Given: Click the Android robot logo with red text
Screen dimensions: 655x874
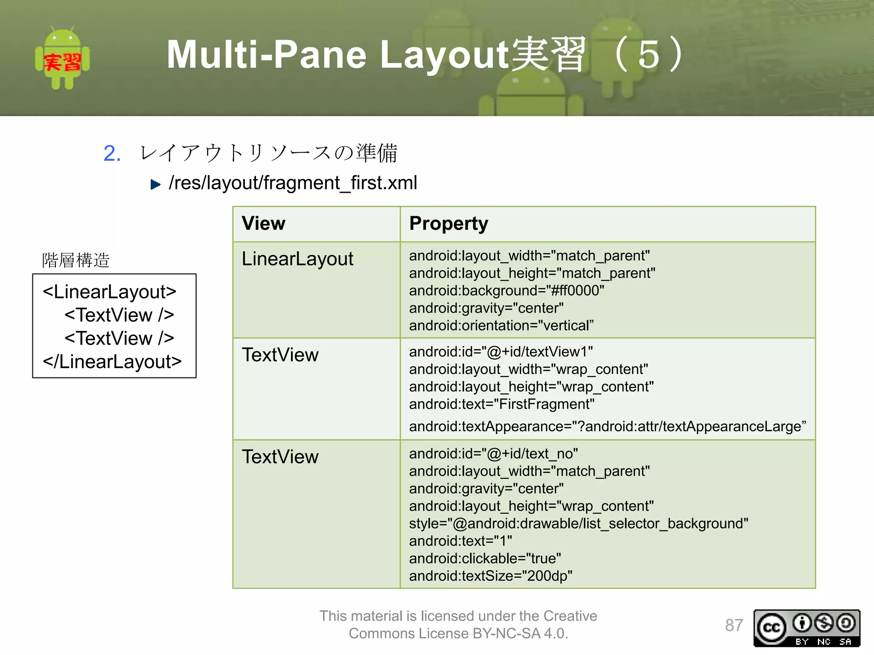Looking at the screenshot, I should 62,58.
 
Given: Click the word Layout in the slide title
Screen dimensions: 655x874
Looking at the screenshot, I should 444,55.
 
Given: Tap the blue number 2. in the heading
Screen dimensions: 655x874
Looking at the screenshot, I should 112,154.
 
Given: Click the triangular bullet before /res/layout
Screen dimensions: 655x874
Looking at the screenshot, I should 155,184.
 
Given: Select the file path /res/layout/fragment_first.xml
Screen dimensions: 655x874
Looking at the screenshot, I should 293,183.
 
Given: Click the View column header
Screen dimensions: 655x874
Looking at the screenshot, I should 263,223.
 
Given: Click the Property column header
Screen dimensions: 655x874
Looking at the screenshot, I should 448,223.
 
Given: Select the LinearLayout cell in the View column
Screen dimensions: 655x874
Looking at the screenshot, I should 297,259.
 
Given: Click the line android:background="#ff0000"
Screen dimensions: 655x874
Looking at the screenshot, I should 506,290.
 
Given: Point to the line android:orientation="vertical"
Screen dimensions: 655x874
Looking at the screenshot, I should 501,325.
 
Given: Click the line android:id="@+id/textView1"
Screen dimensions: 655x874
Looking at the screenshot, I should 501,352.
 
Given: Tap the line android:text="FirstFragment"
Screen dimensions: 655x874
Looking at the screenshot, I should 501,404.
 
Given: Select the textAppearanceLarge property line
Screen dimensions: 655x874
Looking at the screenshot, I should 607,426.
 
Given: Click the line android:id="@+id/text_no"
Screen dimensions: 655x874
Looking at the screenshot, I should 493,454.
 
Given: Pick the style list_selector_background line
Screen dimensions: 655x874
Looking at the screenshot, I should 578,523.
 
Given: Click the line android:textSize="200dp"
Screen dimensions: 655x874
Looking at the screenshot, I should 490,576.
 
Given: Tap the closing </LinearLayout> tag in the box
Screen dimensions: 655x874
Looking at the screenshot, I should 112,362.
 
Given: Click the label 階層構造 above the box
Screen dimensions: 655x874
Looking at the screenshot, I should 76,260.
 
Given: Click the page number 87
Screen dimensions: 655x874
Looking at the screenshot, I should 734,625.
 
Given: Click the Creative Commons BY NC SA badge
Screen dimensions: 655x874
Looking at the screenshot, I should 806,628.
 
